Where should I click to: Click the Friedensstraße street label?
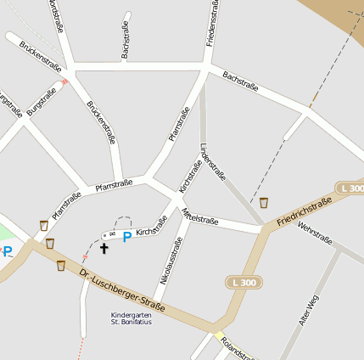(x=214, y=24)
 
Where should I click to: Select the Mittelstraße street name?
(x=200, y=217)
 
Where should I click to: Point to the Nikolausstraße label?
(x=171, y=261)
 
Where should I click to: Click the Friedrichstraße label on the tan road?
(x=304, y=212)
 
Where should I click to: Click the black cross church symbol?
(x=104, y=248)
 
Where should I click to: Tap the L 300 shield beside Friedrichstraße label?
(x=350, y=188)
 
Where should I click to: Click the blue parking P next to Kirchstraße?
(x=127, y=237)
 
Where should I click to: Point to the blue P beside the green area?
(x=8, y=250)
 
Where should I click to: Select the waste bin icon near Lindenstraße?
(x=264, y=203)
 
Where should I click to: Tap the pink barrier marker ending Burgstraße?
(x=64, y=82)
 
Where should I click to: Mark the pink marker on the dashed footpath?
(x=85, y=256)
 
